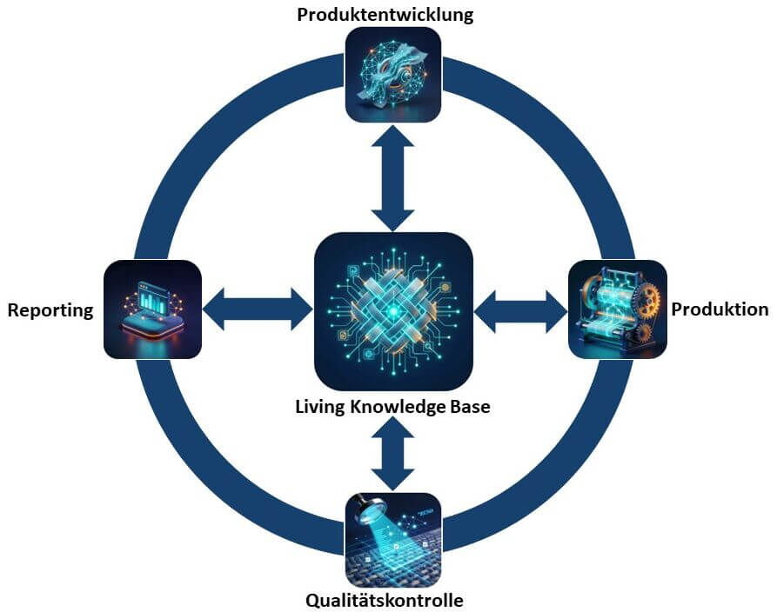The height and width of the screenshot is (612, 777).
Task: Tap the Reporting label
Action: coord(50,310)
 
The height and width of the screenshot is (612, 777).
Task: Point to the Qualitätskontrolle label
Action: coord(385,600)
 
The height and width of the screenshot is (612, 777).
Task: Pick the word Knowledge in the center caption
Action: coord(398,406)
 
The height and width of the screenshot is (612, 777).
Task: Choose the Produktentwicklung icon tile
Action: coord(393,74)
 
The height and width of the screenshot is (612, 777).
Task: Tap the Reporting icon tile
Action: coord(152,309)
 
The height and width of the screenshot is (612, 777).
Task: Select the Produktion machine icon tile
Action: coord(617,309)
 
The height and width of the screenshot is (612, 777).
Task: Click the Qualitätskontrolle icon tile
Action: coord(393,540)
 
